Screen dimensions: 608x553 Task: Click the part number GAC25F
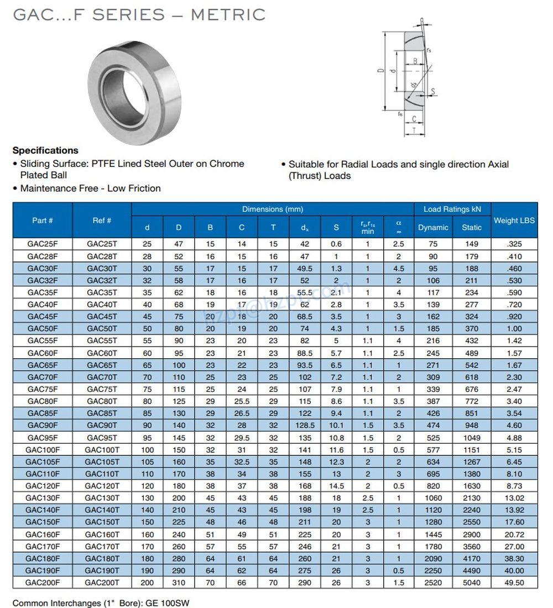43,244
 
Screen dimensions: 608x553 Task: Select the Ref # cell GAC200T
102,583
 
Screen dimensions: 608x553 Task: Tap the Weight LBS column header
514,220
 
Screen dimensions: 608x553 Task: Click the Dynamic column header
433,227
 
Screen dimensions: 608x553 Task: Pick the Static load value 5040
471,583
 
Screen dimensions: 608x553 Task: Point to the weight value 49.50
514,583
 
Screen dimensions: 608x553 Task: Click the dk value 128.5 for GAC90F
305,425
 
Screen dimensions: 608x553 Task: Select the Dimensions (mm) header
273,209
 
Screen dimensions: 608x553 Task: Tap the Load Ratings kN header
452,209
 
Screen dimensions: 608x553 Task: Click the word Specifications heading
45,150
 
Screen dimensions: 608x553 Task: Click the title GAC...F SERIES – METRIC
139,14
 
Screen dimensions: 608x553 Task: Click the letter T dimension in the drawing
414,131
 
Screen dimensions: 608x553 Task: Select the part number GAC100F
43,449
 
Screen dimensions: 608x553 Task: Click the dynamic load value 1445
433,534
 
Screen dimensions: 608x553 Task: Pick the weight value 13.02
514,497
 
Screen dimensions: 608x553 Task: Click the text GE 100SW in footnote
167,603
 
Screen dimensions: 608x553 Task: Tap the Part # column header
43,220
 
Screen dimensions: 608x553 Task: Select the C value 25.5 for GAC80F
242,401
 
